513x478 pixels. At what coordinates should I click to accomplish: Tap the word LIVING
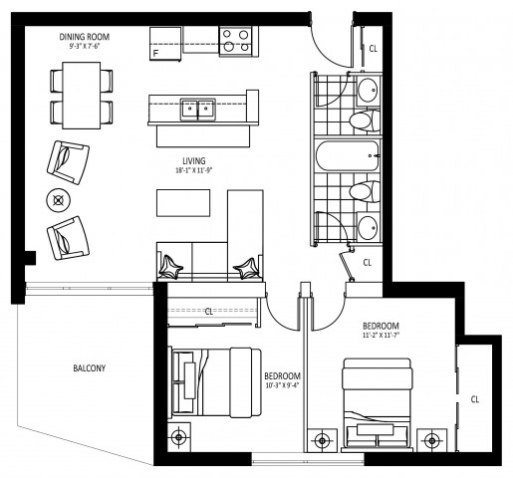tap(193, 159)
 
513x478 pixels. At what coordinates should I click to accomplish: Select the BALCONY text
tap(89, 368)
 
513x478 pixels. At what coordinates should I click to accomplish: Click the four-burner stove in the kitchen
tap(235, 41)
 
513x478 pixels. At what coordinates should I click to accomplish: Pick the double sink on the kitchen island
tap(197, 108)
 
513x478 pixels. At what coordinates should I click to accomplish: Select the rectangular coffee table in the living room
tap(184, 202)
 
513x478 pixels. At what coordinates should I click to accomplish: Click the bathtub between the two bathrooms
tap(348, 156)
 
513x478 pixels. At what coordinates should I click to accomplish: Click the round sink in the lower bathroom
tap(368, 225)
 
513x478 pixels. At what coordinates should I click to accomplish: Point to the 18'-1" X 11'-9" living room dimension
tap(193, 170)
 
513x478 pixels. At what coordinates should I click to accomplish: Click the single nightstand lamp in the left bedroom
tap(179, 435)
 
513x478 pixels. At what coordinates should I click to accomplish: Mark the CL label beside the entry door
tap(374, 47)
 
